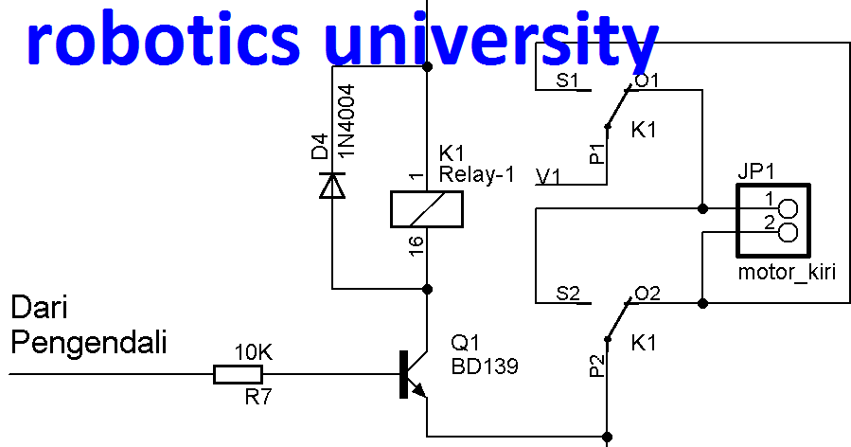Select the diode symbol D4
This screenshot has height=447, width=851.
(331, 185)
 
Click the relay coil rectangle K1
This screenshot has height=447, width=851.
(427, 209)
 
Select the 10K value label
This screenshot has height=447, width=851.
(253, 352)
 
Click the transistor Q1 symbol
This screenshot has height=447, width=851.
(413, 375)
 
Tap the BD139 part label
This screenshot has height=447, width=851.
(485, 366)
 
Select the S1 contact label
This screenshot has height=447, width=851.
(567, 80)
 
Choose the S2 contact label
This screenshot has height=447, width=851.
(567, 293)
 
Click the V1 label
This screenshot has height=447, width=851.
(548, 175)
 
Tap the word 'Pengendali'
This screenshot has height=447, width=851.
(89, 342)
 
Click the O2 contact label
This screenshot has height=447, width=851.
(647, 293)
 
